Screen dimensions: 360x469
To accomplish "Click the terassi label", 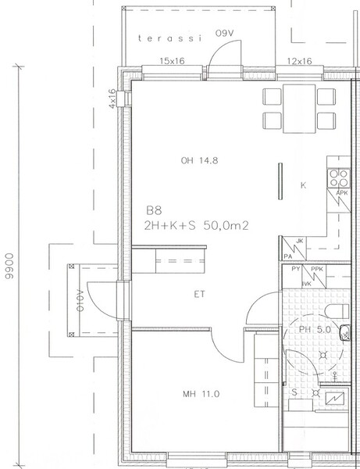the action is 170,38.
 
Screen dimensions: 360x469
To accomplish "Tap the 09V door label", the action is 224,34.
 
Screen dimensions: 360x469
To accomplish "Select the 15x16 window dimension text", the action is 172,61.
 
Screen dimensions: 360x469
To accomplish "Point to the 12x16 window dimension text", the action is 300,61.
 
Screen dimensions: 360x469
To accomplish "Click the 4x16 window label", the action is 112,98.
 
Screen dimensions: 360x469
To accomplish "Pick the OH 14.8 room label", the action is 199,160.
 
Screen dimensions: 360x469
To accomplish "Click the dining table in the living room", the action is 299,109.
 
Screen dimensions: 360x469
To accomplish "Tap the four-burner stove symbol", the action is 338,178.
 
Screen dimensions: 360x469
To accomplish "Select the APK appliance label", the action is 342,193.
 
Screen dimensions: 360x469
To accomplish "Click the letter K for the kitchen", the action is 303,185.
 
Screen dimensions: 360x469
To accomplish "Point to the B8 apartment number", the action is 154,210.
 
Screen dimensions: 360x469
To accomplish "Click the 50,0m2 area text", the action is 226,225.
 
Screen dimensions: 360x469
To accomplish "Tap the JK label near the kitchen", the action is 300,241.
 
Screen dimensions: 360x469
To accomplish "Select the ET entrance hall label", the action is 200,295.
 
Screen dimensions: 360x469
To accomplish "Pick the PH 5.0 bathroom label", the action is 315,330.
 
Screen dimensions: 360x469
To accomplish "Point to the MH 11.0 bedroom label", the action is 201,394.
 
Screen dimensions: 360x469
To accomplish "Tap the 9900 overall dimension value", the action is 10,267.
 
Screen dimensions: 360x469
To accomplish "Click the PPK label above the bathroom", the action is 317,269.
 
